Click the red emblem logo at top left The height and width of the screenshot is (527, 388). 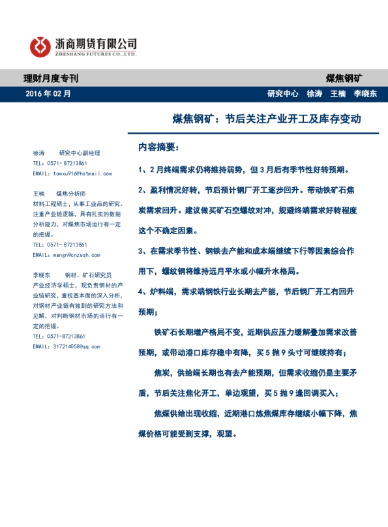tap(40, 46)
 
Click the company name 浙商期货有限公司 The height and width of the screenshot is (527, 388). tap(97, 43)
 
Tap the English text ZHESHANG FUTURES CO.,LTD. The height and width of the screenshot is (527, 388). tap(96, 55)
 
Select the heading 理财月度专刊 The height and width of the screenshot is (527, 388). tap(51, 78)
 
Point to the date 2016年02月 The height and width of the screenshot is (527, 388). tap(48, 93)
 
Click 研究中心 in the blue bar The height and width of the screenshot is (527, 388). tap(283, 93)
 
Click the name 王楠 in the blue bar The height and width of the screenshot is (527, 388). tap(338, 93)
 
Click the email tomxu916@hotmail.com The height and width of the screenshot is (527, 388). tap(72, 173)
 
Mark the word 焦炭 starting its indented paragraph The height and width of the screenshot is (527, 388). tap(161, 373)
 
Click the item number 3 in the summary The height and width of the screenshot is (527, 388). tap(142, 251)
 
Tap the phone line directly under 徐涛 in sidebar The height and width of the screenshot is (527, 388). tap(59, 163)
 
